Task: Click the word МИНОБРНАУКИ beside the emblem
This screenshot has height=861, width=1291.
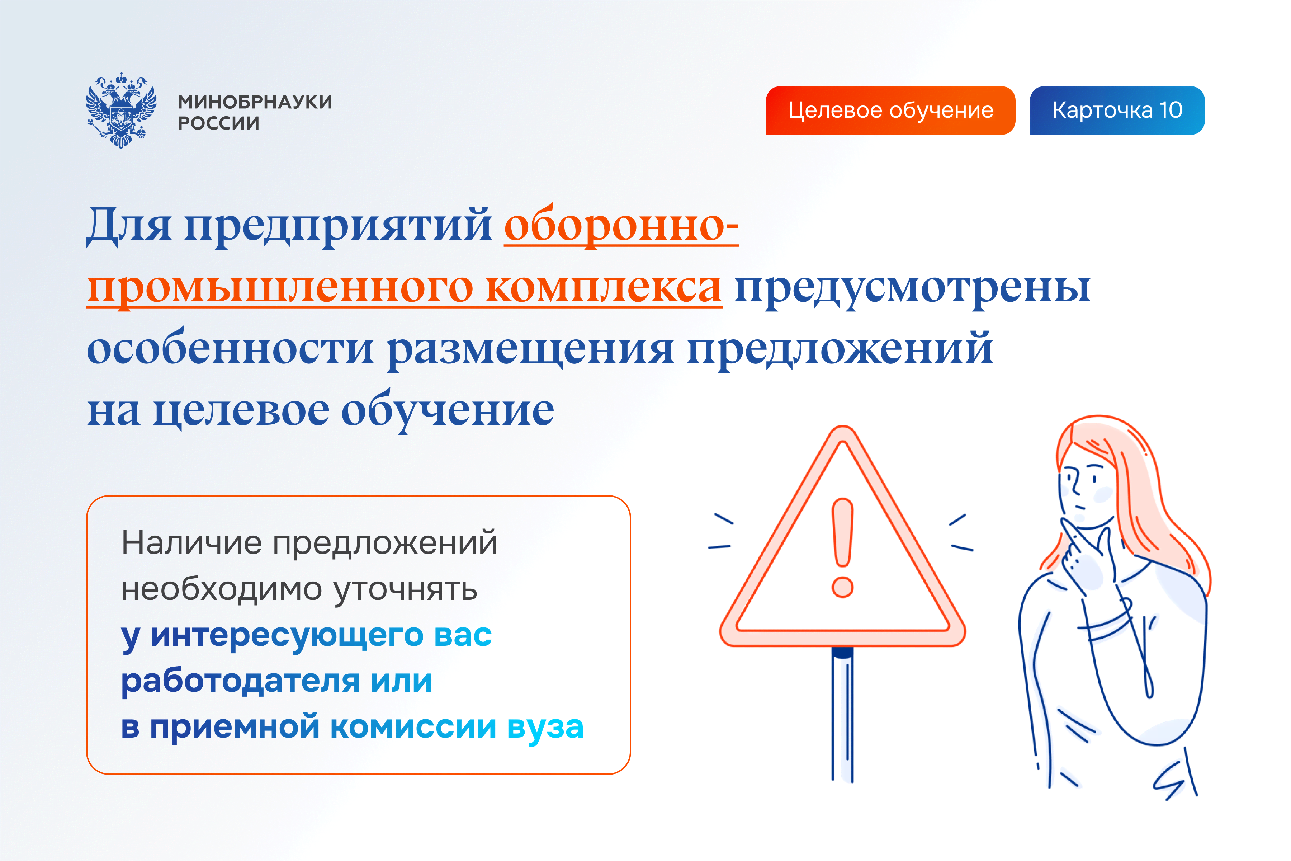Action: pos(255,102)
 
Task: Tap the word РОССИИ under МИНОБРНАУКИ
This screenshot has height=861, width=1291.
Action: pos(218,123)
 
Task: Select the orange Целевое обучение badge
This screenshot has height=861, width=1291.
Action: pos(890,110)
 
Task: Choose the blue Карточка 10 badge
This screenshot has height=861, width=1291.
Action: pos(1117,110)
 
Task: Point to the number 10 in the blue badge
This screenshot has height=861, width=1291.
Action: pos(1171,110)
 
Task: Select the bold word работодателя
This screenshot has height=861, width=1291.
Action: pos(240,681)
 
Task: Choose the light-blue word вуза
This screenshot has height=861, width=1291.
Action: pos(545,728)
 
